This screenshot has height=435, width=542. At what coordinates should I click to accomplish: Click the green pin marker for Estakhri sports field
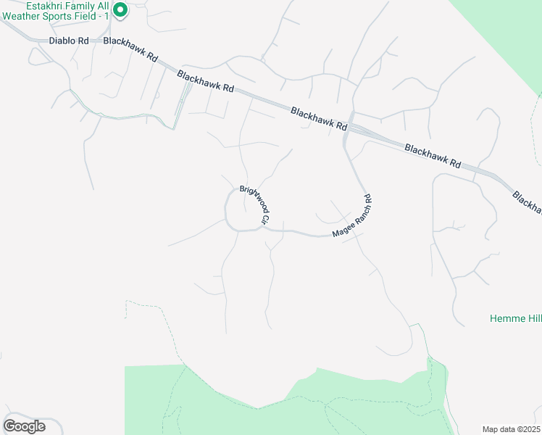click(121, 10)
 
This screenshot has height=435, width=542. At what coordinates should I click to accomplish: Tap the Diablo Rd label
click(68, 41)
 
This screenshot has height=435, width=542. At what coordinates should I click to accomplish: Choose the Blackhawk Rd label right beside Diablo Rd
click(130, 49)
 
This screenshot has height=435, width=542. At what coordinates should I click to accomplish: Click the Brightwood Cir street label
click(255, 206)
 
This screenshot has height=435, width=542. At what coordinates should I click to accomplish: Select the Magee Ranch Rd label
click(353, 216)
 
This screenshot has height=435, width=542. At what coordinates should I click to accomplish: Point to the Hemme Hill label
click(515, 318)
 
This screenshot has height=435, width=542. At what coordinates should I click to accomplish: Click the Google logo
click(24, 426)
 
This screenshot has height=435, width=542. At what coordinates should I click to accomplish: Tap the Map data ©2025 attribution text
click(511, 429)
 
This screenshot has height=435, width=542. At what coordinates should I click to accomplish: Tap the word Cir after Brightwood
click(265, 219)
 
